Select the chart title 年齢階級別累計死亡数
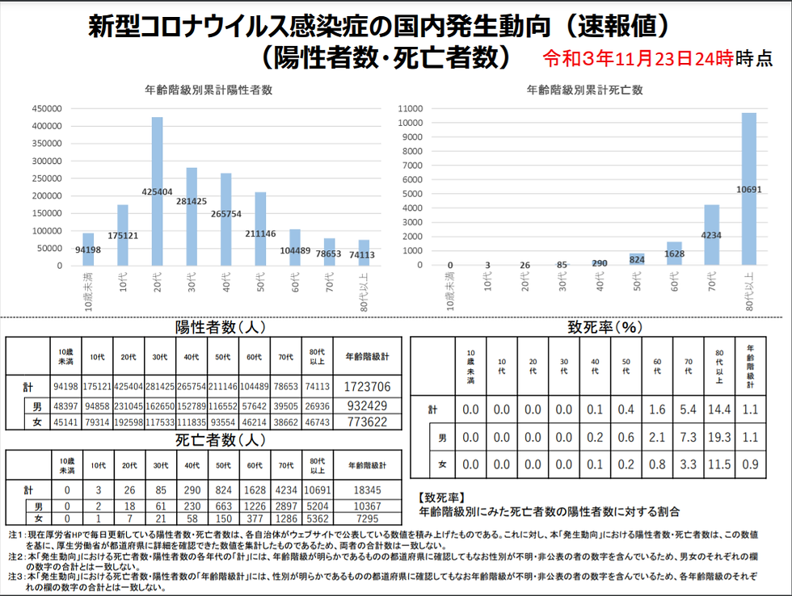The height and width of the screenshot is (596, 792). pyautogui.click(x=585, y=90)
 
